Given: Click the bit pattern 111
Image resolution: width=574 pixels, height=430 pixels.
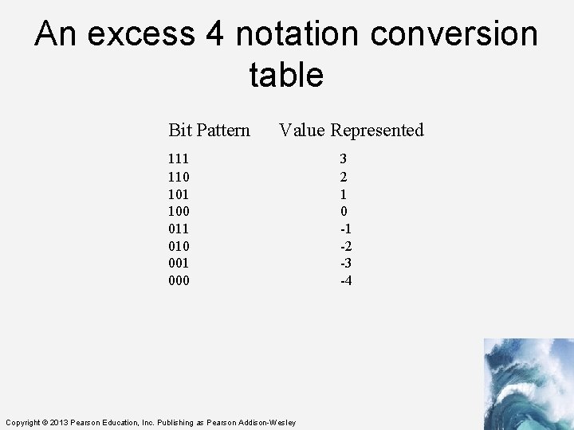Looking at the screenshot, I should pos(179,159).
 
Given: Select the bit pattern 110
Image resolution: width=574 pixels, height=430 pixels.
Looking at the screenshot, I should pos(179,177).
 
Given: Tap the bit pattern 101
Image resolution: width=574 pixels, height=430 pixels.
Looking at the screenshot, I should pos(179,194).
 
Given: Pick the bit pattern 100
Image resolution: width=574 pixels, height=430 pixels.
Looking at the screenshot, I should pos(179,211).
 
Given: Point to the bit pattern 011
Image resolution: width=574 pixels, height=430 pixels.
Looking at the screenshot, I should pos(179,229).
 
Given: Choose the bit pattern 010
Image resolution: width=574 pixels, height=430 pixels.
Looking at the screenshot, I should pos(179,246).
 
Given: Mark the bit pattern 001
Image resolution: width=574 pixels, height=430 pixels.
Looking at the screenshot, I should pos(179,263).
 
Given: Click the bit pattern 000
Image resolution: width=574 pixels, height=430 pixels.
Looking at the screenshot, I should pos(179,280).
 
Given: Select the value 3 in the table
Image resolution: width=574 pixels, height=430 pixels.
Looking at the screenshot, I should pos(343,159).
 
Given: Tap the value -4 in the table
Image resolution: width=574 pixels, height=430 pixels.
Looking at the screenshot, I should pos(345,280).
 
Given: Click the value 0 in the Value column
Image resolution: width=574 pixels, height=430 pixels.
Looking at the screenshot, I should pos(343,211).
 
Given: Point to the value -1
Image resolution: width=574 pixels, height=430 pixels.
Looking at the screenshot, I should pos(345,229).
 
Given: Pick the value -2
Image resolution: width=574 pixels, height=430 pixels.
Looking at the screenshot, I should pos(345,246).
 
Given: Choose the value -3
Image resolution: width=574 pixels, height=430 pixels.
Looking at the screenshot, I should pos(345,263).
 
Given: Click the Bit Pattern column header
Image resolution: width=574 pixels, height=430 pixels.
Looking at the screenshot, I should pos(209,130).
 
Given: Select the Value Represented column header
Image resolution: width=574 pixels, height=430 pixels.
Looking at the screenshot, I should pos(351,130).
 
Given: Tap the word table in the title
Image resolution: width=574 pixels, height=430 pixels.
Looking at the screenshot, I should pos(286,75).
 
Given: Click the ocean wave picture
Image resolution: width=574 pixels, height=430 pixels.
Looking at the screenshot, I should pos(528,384).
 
